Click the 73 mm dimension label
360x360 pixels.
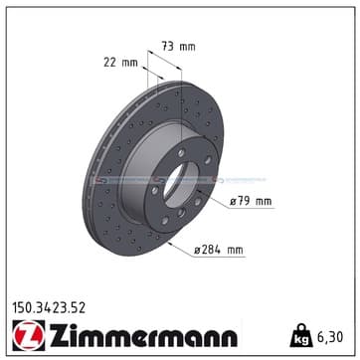tap(178, 46)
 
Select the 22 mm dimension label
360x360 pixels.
tap(120, 62)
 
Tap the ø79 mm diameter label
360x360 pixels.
tap(251, 201)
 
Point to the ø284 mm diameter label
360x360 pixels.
tap(219, 250)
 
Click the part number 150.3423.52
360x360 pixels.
tap(49, 308)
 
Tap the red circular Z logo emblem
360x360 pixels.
tap(29, 335)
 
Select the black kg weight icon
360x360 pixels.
tap(301, 335)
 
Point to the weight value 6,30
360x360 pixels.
tap(330, 337)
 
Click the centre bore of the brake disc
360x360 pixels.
tap(181, 186)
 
